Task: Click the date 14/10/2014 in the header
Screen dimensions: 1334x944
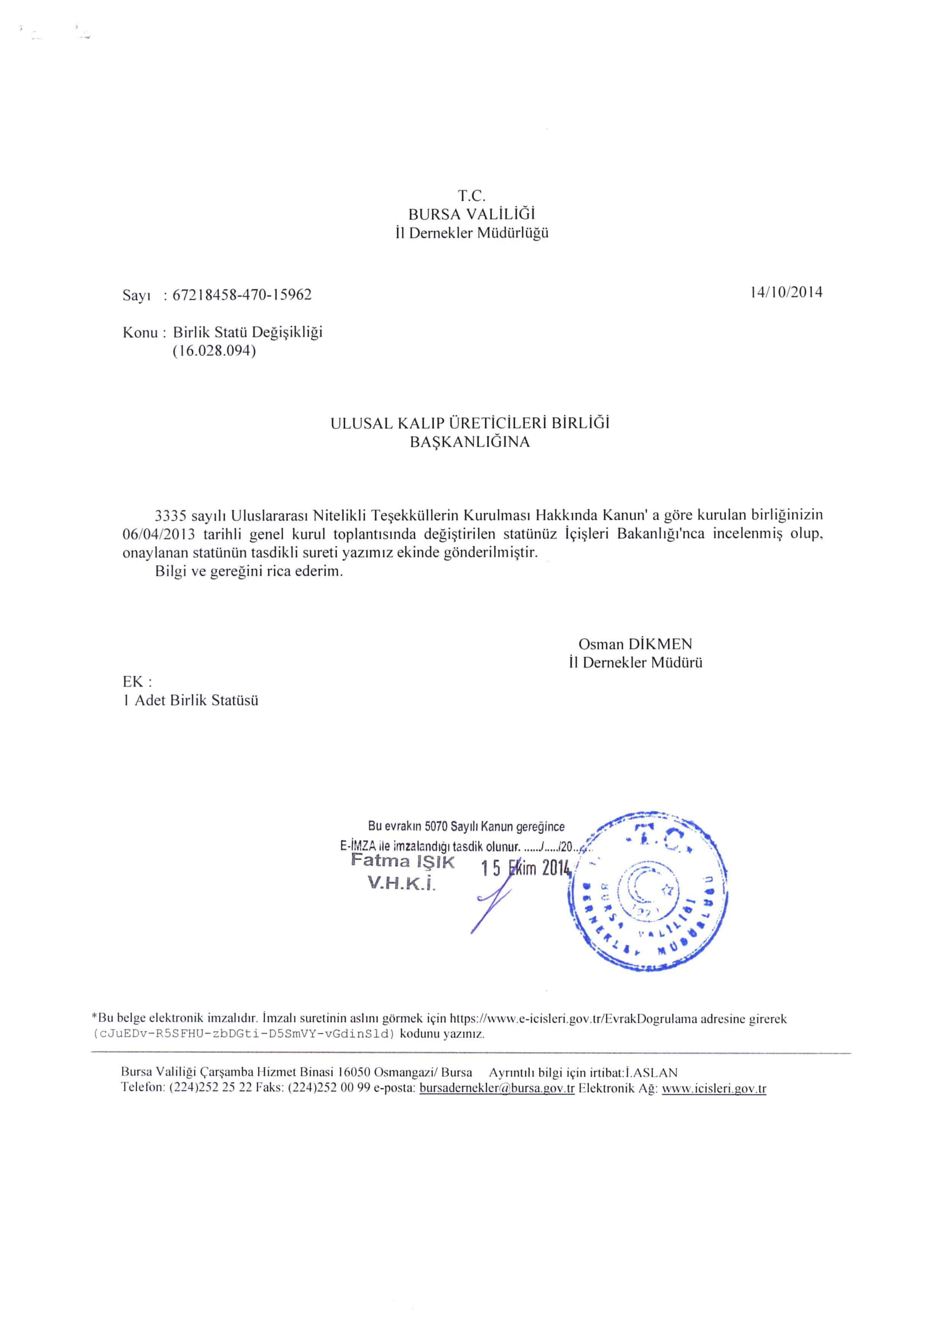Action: pos(786,292)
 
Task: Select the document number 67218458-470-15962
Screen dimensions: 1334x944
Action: pos(242,295)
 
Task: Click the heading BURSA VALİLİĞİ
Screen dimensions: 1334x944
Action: pos(471,214)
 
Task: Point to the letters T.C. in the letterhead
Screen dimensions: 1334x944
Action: pos(471,195)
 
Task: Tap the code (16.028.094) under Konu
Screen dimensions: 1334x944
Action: pos(214,352)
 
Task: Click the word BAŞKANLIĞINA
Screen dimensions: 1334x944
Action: pos(469,442)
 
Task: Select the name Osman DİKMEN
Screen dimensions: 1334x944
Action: pos(636,644)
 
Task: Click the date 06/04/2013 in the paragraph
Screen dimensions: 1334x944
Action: pos(159,534)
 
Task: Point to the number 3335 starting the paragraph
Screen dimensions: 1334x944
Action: pos(170,515)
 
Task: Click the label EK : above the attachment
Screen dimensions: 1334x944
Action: pos(138,681)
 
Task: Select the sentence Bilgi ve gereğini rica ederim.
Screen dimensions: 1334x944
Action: pos(250,571)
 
